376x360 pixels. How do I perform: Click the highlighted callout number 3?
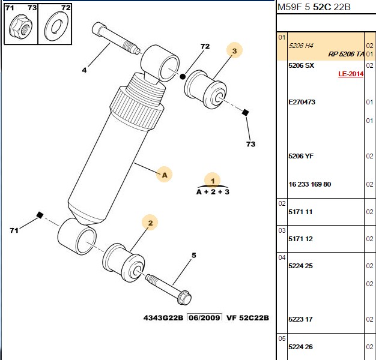(234, 50)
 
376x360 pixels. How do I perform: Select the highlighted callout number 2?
(150, 223)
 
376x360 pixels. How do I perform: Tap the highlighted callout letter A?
(164, 175)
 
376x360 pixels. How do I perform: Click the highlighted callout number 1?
(213, 181)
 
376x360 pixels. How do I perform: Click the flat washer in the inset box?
(56, 26)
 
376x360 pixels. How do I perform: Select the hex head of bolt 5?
(184, 298)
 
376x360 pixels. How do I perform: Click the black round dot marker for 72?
(183, 77)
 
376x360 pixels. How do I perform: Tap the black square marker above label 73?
(245, 112)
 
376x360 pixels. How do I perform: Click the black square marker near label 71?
(40, 215)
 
